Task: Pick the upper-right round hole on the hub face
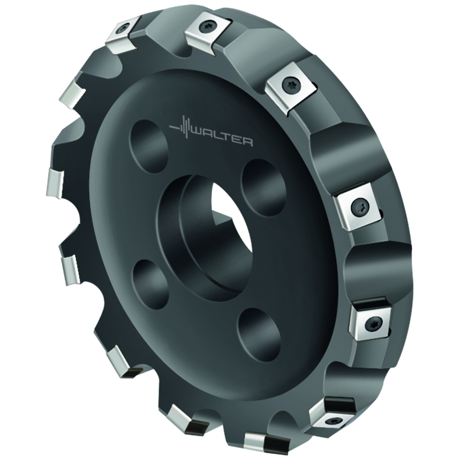pos(263,183)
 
